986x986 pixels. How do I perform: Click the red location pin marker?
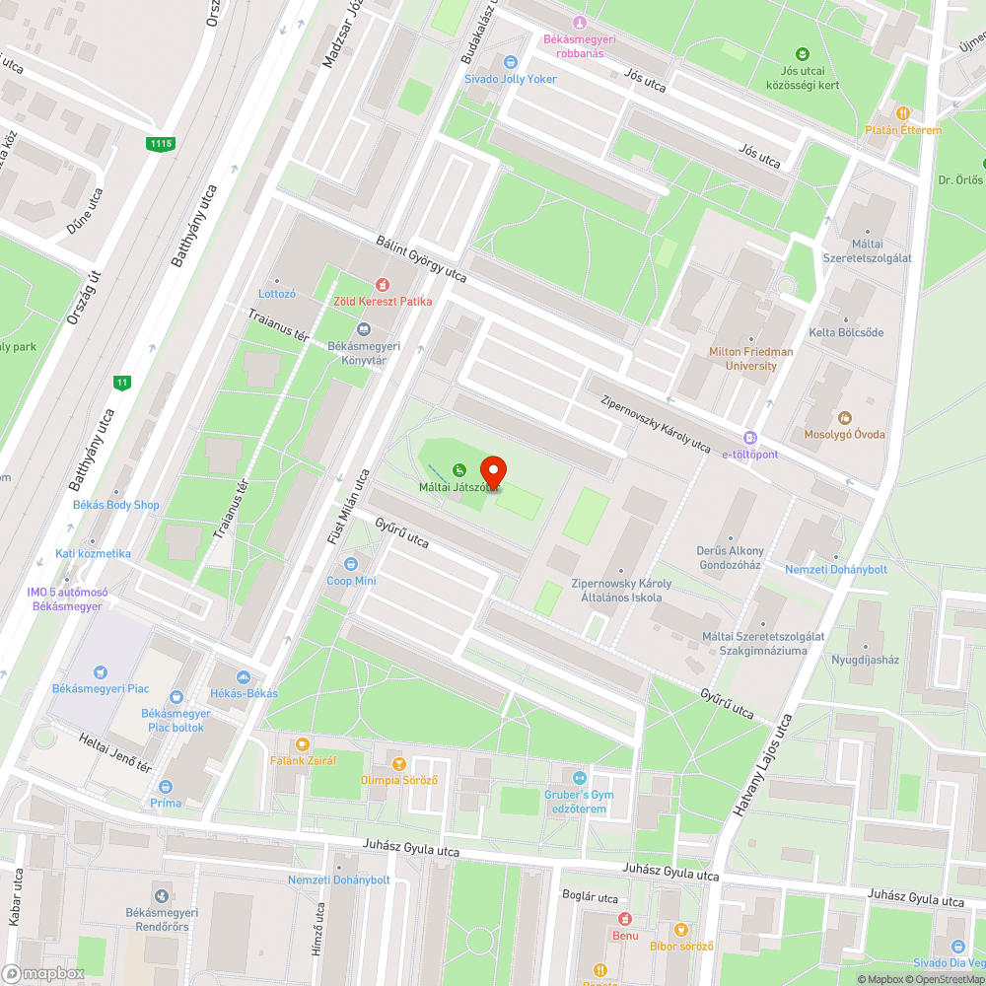coord(492,470)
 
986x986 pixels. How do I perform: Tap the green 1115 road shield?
coord(161,144)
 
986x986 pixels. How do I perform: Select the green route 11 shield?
coord(122,383)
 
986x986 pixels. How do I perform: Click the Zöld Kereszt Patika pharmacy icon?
coord(384,284)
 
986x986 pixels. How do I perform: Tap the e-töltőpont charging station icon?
coord(750,438)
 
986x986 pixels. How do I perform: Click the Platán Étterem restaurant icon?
coord(903,113)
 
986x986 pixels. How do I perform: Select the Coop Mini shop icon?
coord(351,564)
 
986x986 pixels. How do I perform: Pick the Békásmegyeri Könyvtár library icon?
coord(363,328)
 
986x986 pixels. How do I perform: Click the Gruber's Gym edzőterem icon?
coord(579,778)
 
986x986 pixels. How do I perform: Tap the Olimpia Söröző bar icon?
coord(398,763)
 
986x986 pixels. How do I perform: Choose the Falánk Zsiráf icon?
coord(302,743)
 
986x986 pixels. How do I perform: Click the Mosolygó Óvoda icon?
coord(844,417)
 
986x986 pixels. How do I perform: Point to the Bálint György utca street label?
coord(421,258)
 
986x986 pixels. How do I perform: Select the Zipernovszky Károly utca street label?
coord(656,425)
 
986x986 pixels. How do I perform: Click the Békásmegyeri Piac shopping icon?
coord(100,672)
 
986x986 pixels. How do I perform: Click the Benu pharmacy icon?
coord(624,919)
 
